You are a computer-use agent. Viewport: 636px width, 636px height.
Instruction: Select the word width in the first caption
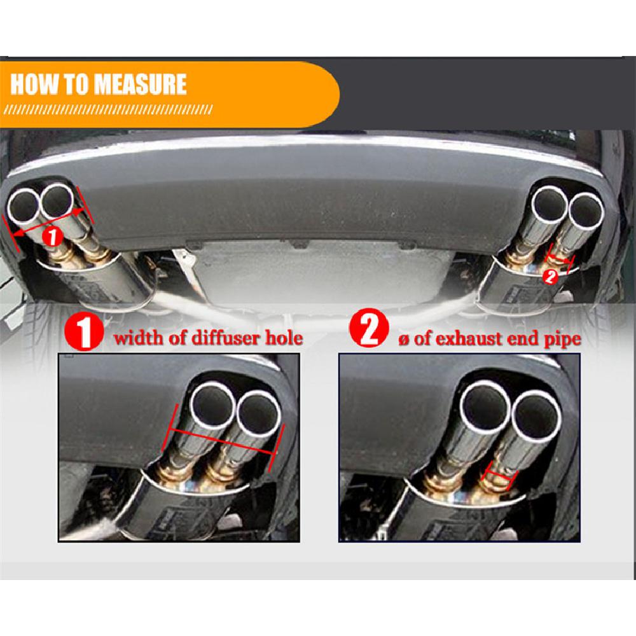coord(137,337)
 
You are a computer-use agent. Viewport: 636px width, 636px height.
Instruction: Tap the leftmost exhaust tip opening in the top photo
coord(24,204)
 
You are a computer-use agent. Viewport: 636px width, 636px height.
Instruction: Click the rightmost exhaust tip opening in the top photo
coord(584,211)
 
